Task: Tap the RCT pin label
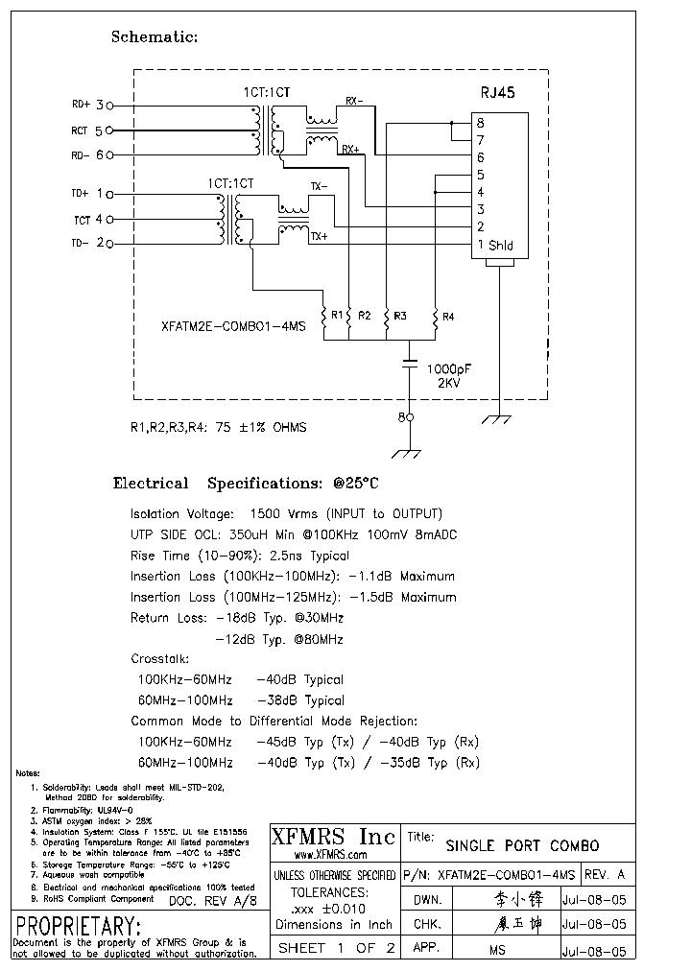pyautogui.click(x=80, y=130)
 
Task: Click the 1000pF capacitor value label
pyautogui.click(x=448, y=368)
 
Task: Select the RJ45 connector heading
pyautogui.click(x=497, y=93)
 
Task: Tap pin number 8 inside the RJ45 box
pyautogui.click(x=480, y=123)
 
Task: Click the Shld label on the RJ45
pyautogui.click(x=501, y=246)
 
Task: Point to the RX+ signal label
pyautogui.click(x=349, y=150)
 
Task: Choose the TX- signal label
pyautogui.click(x=319, y=185)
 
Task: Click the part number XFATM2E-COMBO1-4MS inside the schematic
pyautogui.click(x=233, y=326)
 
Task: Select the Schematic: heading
pyautogui.click(x=155, y=37)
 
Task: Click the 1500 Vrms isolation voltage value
pyautogui.click(x=282, y=514)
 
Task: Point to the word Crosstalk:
pyautogui.click(x=160, y=659)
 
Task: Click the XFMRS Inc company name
pyautogui.click(x=332, y=837)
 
